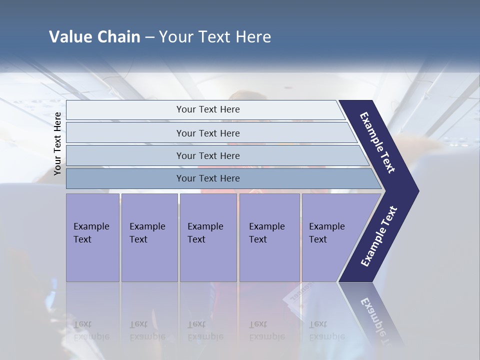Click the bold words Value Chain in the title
(x=94, y=37)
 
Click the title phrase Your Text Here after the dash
(x=215, y=37)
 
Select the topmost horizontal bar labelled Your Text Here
(x=207, y=109)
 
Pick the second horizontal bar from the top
(x=207, y=133)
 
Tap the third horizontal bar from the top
(x=207, y=155)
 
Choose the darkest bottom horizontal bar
(x=207, y=178)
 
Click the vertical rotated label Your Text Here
(x=58, y=143)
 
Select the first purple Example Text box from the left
(x=92, y=237)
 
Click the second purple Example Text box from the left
(x=149, y=237)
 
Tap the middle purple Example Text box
(x=207, y=237)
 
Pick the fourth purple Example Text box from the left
(x=269, y=237)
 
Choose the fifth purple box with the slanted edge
(x=330, y=237)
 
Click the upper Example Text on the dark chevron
(x=377, y=142)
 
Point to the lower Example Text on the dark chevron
(x=378, y=236)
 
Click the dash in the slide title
(x=149, y=37)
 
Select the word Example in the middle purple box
(x=205, y=226)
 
